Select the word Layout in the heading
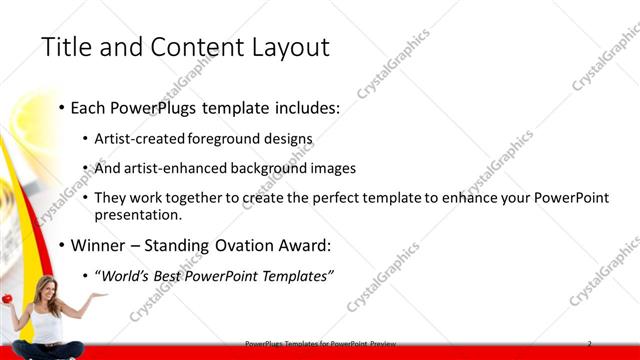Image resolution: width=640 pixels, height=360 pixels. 289,47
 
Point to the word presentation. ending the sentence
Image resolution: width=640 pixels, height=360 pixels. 139,214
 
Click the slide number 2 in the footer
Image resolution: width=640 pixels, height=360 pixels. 590,343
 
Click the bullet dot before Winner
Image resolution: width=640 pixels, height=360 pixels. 62,244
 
